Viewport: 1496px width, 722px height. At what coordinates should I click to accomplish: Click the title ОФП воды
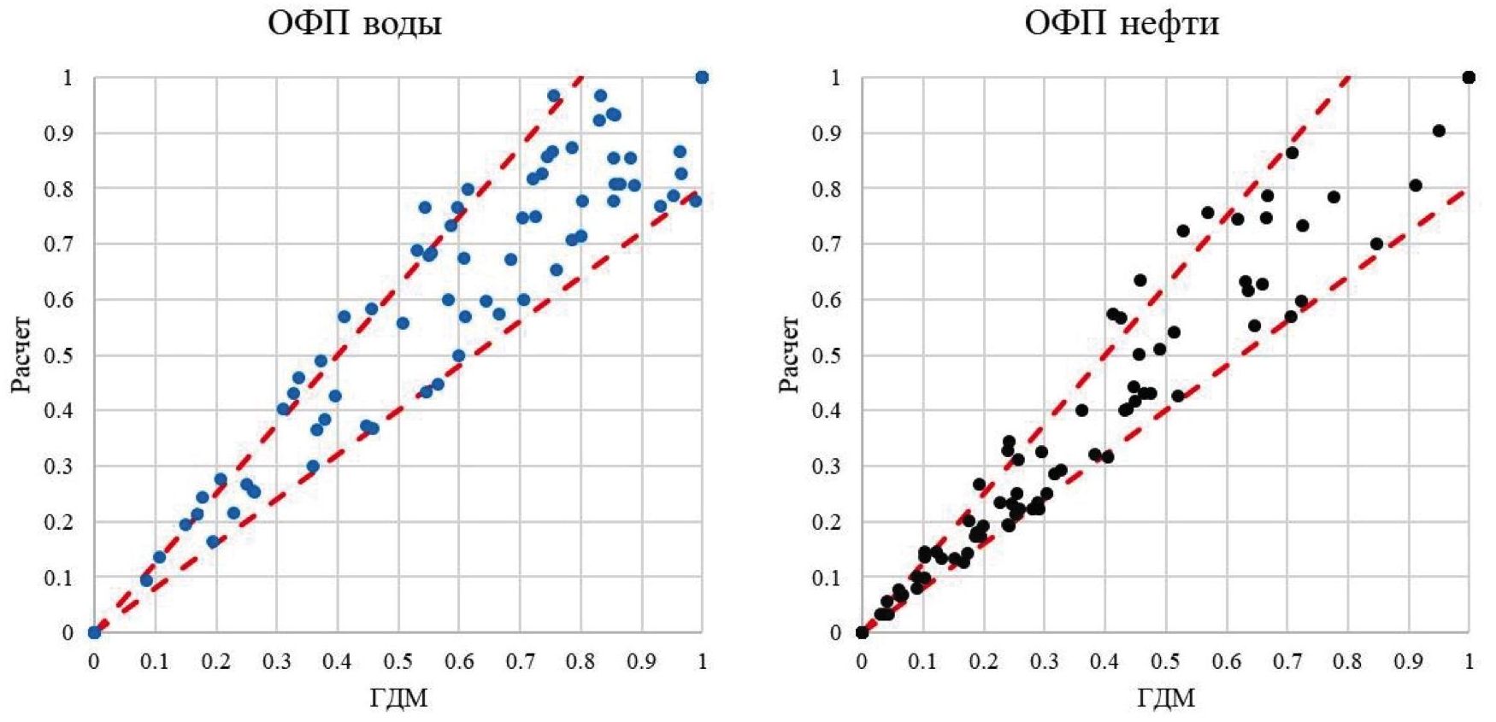[355, 23]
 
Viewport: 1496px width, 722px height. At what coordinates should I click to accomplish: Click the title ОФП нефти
[1122, 23]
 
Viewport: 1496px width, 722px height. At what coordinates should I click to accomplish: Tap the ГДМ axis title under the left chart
[398, 698]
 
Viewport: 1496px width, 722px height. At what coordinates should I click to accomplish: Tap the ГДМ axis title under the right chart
[1166, 698]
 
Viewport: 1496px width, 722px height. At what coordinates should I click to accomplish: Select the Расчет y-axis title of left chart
[21, 355]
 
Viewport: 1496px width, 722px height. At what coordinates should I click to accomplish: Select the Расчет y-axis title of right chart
[789, 355]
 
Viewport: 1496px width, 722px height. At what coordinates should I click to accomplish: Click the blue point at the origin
[94, 633]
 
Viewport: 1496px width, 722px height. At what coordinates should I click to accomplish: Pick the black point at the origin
[862, 633]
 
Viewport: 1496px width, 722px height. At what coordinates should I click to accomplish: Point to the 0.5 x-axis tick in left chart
[398, 661]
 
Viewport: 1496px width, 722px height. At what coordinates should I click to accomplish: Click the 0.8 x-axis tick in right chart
[1348, 661]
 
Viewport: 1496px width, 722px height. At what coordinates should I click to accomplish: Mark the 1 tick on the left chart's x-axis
[702, 661]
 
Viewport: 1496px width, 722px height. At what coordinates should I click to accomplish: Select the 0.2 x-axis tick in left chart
[215, 661]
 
